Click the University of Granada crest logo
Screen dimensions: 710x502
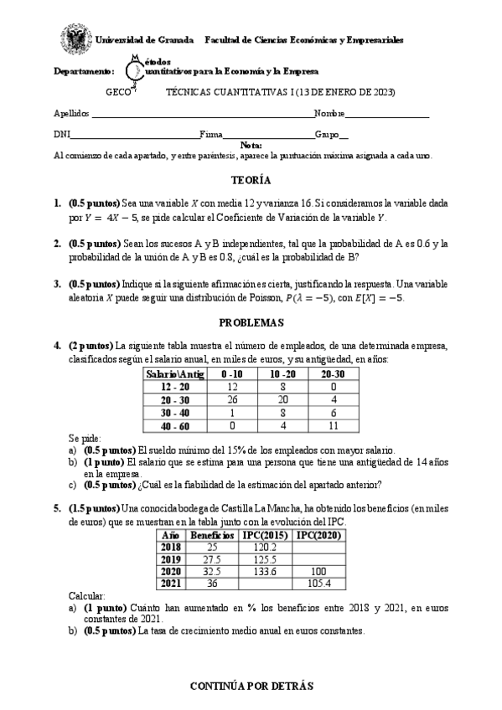tap(74, 39)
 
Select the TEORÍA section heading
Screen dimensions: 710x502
tap(251, 180)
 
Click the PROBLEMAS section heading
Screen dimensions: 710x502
tap(251, 322)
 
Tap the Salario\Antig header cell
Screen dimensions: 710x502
tap(170, 373)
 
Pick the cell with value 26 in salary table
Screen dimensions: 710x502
tap(232, 399)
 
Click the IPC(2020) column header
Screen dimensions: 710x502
tap(316, 534)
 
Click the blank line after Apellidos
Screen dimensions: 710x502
tap(201, 114)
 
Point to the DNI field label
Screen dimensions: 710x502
tap(61, 134)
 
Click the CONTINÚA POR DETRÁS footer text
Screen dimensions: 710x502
tap(251, 685)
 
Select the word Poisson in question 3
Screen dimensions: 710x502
tap(283, 297)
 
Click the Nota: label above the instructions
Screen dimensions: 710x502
tap(251, 145)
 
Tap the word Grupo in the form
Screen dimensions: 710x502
tap(326, 134)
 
